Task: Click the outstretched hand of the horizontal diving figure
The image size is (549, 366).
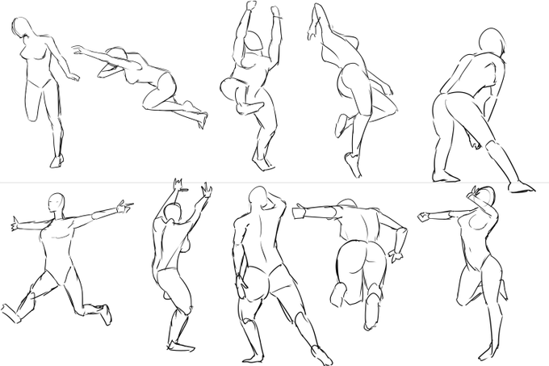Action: (78, 51)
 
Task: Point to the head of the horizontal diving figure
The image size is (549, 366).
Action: (110, 69)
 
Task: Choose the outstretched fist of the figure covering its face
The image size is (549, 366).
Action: (425, 217)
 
